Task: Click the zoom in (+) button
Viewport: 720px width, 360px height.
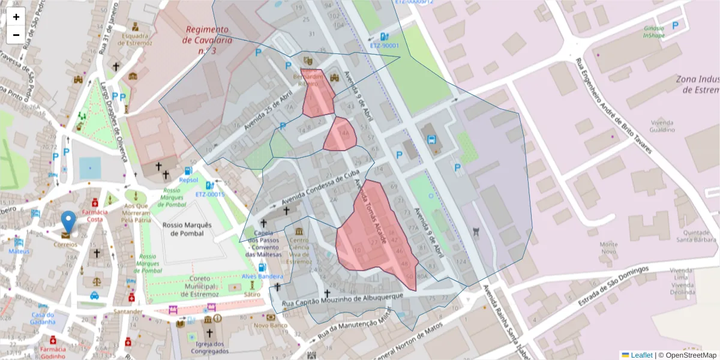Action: click(x=16, y=17)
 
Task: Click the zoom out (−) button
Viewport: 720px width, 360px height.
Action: click(x=16, y=35)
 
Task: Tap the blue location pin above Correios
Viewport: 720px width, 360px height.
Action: click(x=69, y=221)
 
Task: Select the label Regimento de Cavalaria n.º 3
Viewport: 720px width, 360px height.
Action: click(x=207, y=40)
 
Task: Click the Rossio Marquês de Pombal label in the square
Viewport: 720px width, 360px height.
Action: click(x=187, y=229)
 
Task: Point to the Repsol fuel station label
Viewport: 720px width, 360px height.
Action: click(x=188, y=179)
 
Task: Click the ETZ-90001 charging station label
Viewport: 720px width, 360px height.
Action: click(x=384, y=46)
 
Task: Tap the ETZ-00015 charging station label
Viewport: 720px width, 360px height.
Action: click(x=210, y=194)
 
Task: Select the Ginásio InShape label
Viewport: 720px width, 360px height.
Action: click(x=653, y=32)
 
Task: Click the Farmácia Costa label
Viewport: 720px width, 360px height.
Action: click(x=95, y=215)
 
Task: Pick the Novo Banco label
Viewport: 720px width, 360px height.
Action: click(x=268, y=326)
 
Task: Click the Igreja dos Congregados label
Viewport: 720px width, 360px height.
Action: click(x=209, y=347)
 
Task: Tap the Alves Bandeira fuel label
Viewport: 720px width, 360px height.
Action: click(x=262, y=276)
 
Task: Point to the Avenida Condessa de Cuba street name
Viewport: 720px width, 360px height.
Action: click(x=316, y=185)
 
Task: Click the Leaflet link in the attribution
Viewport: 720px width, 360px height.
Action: click(x=641, y=355)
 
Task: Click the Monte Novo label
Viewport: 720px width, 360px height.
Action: click(x=609, y=248)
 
